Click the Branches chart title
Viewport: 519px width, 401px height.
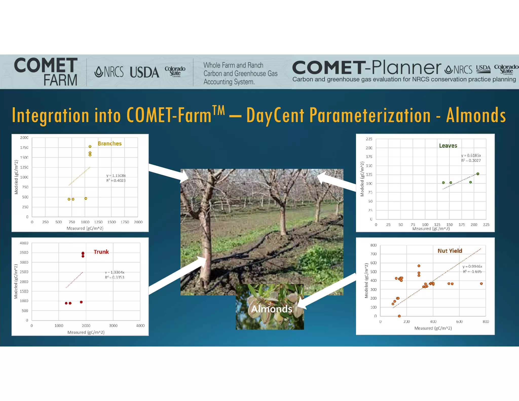point(109,143)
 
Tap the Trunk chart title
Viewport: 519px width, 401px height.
point(101,252)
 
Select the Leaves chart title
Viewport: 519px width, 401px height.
point(448,145)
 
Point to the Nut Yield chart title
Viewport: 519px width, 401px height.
point(450,251)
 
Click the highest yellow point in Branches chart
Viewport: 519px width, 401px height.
point(90,147)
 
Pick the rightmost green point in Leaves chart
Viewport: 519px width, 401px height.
point(478,174)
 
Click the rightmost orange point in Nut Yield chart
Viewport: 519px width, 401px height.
point(481,284)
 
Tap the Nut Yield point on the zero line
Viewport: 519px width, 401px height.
point(399,316)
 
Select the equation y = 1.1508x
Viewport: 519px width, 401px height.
point(116,175)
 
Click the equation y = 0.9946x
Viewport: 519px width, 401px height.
point(472,266)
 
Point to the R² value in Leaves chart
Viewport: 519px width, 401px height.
point(471,160)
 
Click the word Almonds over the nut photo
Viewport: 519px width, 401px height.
point(271,309)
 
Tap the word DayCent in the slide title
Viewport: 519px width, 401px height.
point(275,115)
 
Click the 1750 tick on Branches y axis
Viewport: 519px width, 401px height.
point(24,148)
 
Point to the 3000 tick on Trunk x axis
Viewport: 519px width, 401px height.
point(113,325)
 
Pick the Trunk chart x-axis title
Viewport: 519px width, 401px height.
point(86,332)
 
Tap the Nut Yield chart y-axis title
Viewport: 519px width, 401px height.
point(366,281)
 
